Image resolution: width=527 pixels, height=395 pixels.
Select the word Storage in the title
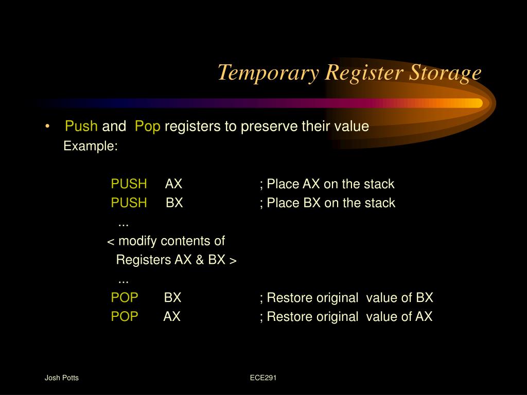[x=445, y=73]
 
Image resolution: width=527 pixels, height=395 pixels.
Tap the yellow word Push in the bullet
[x=81, y=127]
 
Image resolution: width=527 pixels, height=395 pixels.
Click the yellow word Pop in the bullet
[x=148, y=127]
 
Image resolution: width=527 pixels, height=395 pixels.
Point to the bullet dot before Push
[x=47, y=127]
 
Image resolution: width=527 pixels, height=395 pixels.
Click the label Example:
[x=91, y=146]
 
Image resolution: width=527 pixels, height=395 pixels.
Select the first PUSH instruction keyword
[x=129, y=184]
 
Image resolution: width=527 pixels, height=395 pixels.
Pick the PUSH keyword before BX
[x=129, y=203]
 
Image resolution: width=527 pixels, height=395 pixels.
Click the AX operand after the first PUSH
[x=173, y=184]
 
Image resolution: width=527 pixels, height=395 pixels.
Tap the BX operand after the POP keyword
[x=172, y=297]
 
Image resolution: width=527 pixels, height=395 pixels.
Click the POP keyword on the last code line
[x=125, y=316]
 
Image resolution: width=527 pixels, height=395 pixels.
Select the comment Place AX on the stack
[x=327, y=184]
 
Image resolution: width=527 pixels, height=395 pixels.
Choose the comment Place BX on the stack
[x=328, y=203]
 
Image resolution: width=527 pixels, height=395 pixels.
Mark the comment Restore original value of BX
[x=347, y=297]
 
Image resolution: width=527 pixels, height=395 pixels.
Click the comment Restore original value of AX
[x=346, y=316]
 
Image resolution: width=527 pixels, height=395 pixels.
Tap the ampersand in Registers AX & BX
[x=200, y=260]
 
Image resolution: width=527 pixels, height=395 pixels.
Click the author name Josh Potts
[x=61, y=378]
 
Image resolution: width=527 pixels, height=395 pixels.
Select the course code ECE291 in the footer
[x=263, y=378]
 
